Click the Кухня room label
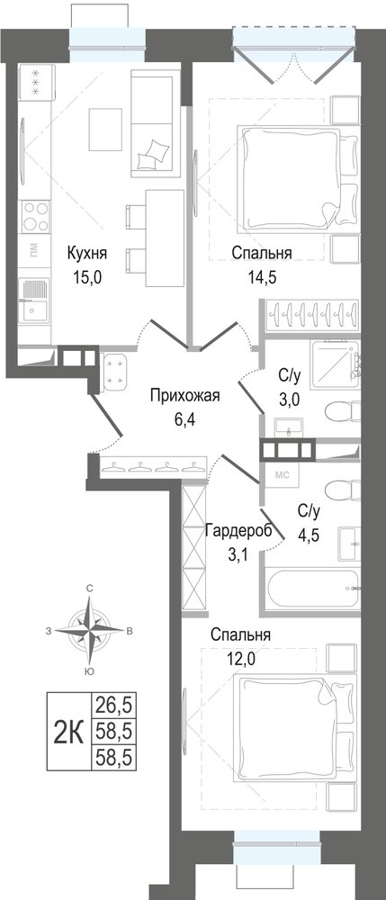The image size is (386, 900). (x=87, y=253)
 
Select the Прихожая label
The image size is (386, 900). (x=185, y=395)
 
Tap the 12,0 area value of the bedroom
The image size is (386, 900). (x=239, y=658)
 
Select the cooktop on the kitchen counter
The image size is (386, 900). (x=35, y=216)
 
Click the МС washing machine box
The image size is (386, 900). (x=283, y=474)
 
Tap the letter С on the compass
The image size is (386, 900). (x=90, y=589)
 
